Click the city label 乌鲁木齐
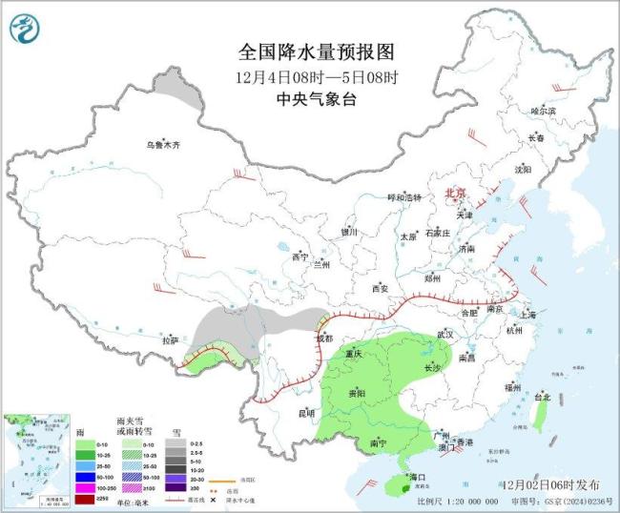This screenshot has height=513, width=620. (x=162, y=145)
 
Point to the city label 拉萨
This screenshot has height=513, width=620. (x=171, y=339)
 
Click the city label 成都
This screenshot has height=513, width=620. (x=325, y=339)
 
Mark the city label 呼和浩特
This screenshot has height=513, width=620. (x=403, y=197)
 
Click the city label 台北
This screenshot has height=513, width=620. (x=543, y=396)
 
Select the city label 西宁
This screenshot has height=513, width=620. (x=300, y=256)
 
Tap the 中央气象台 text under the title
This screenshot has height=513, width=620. (x=310, y=97)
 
